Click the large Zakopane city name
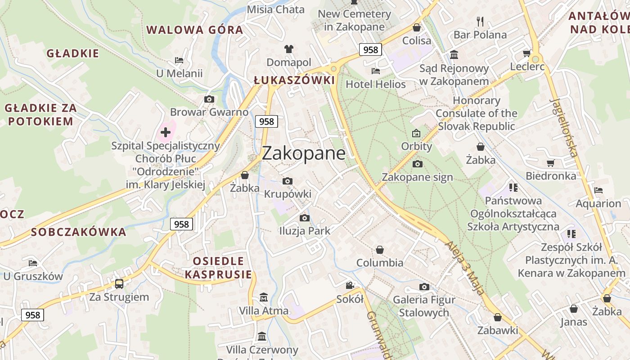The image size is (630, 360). pos(304,153)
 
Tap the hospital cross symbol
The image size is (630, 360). pos(166,132)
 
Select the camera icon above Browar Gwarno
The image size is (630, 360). pos(209,99)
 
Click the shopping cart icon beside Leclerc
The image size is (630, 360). pos(527,54)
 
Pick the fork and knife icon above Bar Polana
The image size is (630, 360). pos(480,21)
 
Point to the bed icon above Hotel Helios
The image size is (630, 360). pos(375,71)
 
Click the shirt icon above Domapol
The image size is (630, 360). pos(288,49)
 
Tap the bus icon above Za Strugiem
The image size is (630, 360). pos(119,283)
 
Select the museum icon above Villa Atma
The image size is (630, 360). pos(264,297)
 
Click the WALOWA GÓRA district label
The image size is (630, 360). pos(194,30)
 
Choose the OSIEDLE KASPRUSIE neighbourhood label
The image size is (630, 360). pos(218,267)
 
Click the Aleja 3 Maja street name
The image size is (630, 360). pos(465,268)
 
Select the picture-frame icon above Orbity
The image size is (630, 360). pos(416,133)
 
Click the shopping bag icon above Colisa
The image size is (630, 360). pos(417,27)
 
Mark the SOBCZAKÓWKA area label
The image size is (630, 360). pos(79,232)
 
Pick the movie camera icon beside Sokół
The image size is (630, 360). pos(350,285)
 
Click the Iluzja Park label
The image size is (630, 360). pos(305,231)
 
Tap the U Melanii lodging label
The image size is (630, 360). pos(179,73)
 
